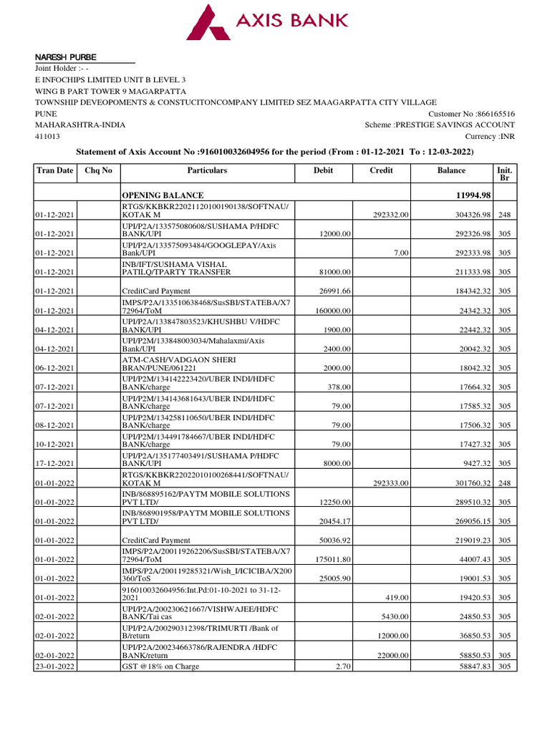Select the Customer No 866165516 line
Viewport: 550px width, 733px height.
[471, 114]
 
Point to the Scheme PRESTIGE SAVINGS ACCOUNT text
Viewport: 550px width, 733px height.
[440, 125]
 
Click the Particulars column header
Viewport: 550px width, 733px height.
[207, 170]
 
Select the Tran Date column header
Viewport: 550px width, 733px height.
[55, 170]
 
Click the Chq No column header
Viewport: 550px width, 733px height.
[98, 170]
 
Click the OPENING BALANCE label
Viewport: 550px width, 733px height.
[163, 195]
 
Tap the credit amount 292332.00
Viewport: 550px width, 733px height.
[391, 214]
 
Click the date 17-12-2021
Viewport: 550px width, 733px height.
[56, 463]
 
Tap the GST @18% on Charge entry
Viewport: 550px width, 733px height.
[160, 666]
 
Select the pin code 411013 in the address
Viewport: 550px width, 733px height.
[48, 136]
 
